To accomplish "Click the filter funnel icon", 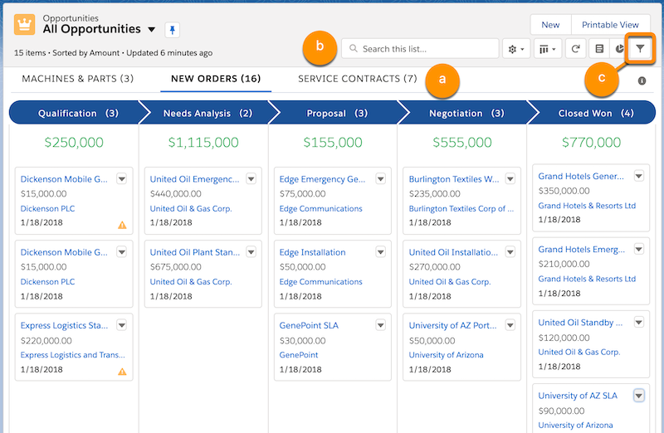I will [x=640, y=49].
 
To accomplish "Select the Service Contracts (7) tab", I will [x=357, y=80].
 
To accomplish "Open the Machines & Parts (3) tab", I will [x=78, y=80].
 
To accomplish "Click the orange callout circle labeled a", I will [x=442, y=81].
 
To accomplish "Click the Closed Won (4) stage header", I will [x=594, y=113].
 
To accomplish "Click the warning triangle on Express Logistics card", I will [x=122, y=372].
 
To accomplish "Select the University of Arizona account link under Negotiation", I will [x=447, y=355].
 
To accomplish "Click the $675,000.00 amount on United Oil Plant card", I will [x=175, y=267].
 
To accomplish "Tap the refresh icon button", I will [x=575, y=49].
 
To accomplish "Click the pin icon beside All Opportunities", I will [x=172, y=29].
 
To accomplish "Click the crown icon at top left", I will [x=24, y=24].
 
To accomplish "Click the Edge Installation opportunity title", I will [x=312, y=252].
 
